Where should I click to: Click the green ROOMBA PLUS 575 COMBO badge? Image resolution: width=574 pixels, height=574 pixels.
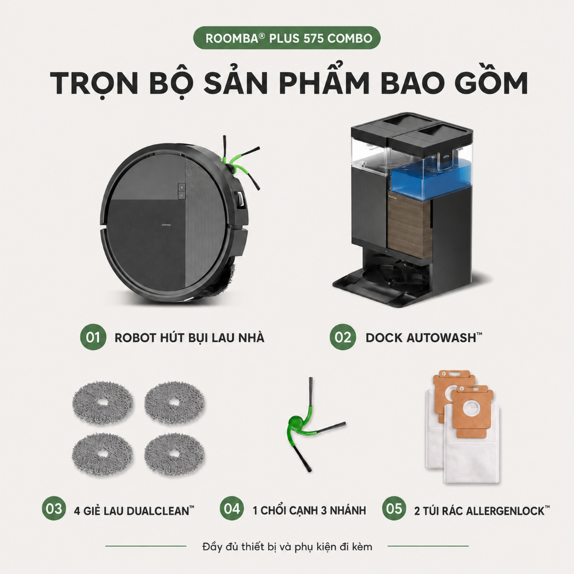(287, 38)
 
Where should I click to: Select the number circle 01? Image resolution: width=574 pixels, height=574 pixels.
(93, 337)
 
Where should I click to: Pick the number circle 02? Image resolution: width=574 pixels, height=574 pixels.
(343, 337)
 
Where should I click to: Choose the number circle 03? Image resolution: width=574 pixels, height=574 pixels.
(54, 509)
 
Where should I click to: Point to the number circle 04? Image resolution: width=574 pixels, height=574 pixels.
(232, 509)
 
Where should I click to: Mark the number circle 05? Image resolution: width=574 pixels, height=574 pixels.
(394, 509)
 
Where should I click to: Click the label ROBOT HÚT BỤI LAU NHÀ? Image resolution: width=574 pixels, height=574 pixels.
(189, 337)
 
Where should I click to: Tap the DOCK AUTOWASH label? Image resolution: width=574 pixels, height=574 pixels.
(424, 337)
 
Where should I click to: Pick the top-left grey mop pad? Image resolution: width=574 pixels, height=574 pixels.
(103, 402)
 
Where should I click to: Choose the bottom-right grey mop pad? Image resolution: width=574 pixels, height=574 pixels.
(174, 454)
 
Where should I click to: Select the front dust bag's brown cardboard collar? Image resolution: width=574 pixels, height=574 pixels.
(471, 410)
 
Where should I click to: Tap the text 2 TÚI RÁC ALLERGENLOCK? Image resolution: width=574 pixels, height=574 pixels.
(482, 510)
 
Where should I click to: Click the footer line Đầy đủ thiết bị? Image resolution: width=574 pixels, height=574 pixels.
(287, 546)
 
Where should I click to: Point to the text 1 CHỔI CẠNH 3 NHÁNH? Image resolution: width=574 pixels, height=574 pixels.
(309, 510)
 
